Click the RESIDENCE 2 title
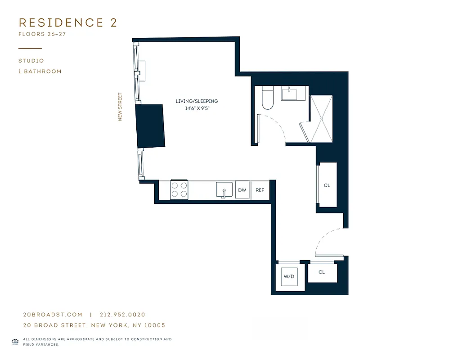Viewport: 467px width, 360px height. click(67, 23)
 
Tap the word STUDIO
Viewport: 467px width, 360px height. click(31, 61)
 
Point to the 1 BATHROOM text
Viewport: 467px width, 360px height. click(40, 72)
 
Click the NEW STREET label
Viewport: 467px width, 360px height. click(120, 107)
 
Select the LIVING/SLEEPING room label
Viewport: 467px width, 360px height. click(197, 101)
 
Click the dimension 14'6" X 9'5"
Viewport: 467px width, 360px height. click(197, 108)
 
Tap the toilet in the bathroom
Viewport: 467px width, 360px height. click(268, 99)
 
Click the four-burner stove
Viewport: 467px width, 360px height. click(179, 189)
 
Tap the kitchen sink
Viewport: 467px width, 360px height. click(224, 190)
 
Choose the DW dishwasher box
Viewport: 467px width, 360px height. click(242, 190)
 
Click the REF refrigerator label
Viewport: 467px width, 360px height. click(260, 190)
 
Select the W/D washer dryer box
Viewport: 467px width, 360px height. click(288, 276)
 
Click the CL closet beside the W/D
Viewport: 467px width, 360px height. click(322, 272)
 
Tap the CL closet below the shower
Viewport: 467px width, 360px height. click(327, 185)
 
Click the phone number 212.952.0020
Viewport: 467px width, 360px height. click(123, 315)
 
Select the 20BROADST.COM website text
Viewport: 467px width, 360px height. click(53, 315)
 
